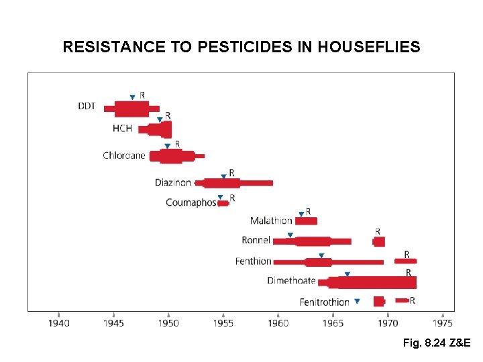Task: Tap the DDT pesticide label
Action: pos(87,106)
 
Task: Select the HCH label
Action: pos(122,128)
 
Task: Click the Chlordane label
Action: pos(123,156)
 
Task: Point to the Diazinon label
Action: pos(173,182)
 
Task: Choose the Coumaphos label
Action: pos(191,202)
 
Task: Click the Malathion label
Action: pos(271,221)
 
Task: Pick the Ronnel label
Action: pos(256,240)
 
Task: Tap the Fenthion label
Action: pos(254,261)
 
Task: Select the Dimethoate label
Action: pos(291,280)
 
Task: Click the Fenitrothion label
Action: pos(324,302)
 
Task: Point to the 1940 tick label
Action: pos(59,323)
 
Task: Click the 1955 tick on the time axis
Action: pos(223,314)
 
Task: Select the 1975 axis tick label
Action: pos(443,323)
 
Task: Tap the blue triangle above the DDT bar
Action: pos(132,98)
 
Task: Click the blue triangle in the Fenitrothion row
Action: pos(357,302)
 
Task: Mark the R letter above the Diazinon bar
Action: pos(231,173)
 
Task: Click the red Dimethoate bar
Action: pos(372,282)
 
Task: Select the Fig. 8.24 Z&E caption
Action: pos(437,343)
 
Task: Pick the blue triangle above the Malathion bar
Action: pos(301,215)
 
